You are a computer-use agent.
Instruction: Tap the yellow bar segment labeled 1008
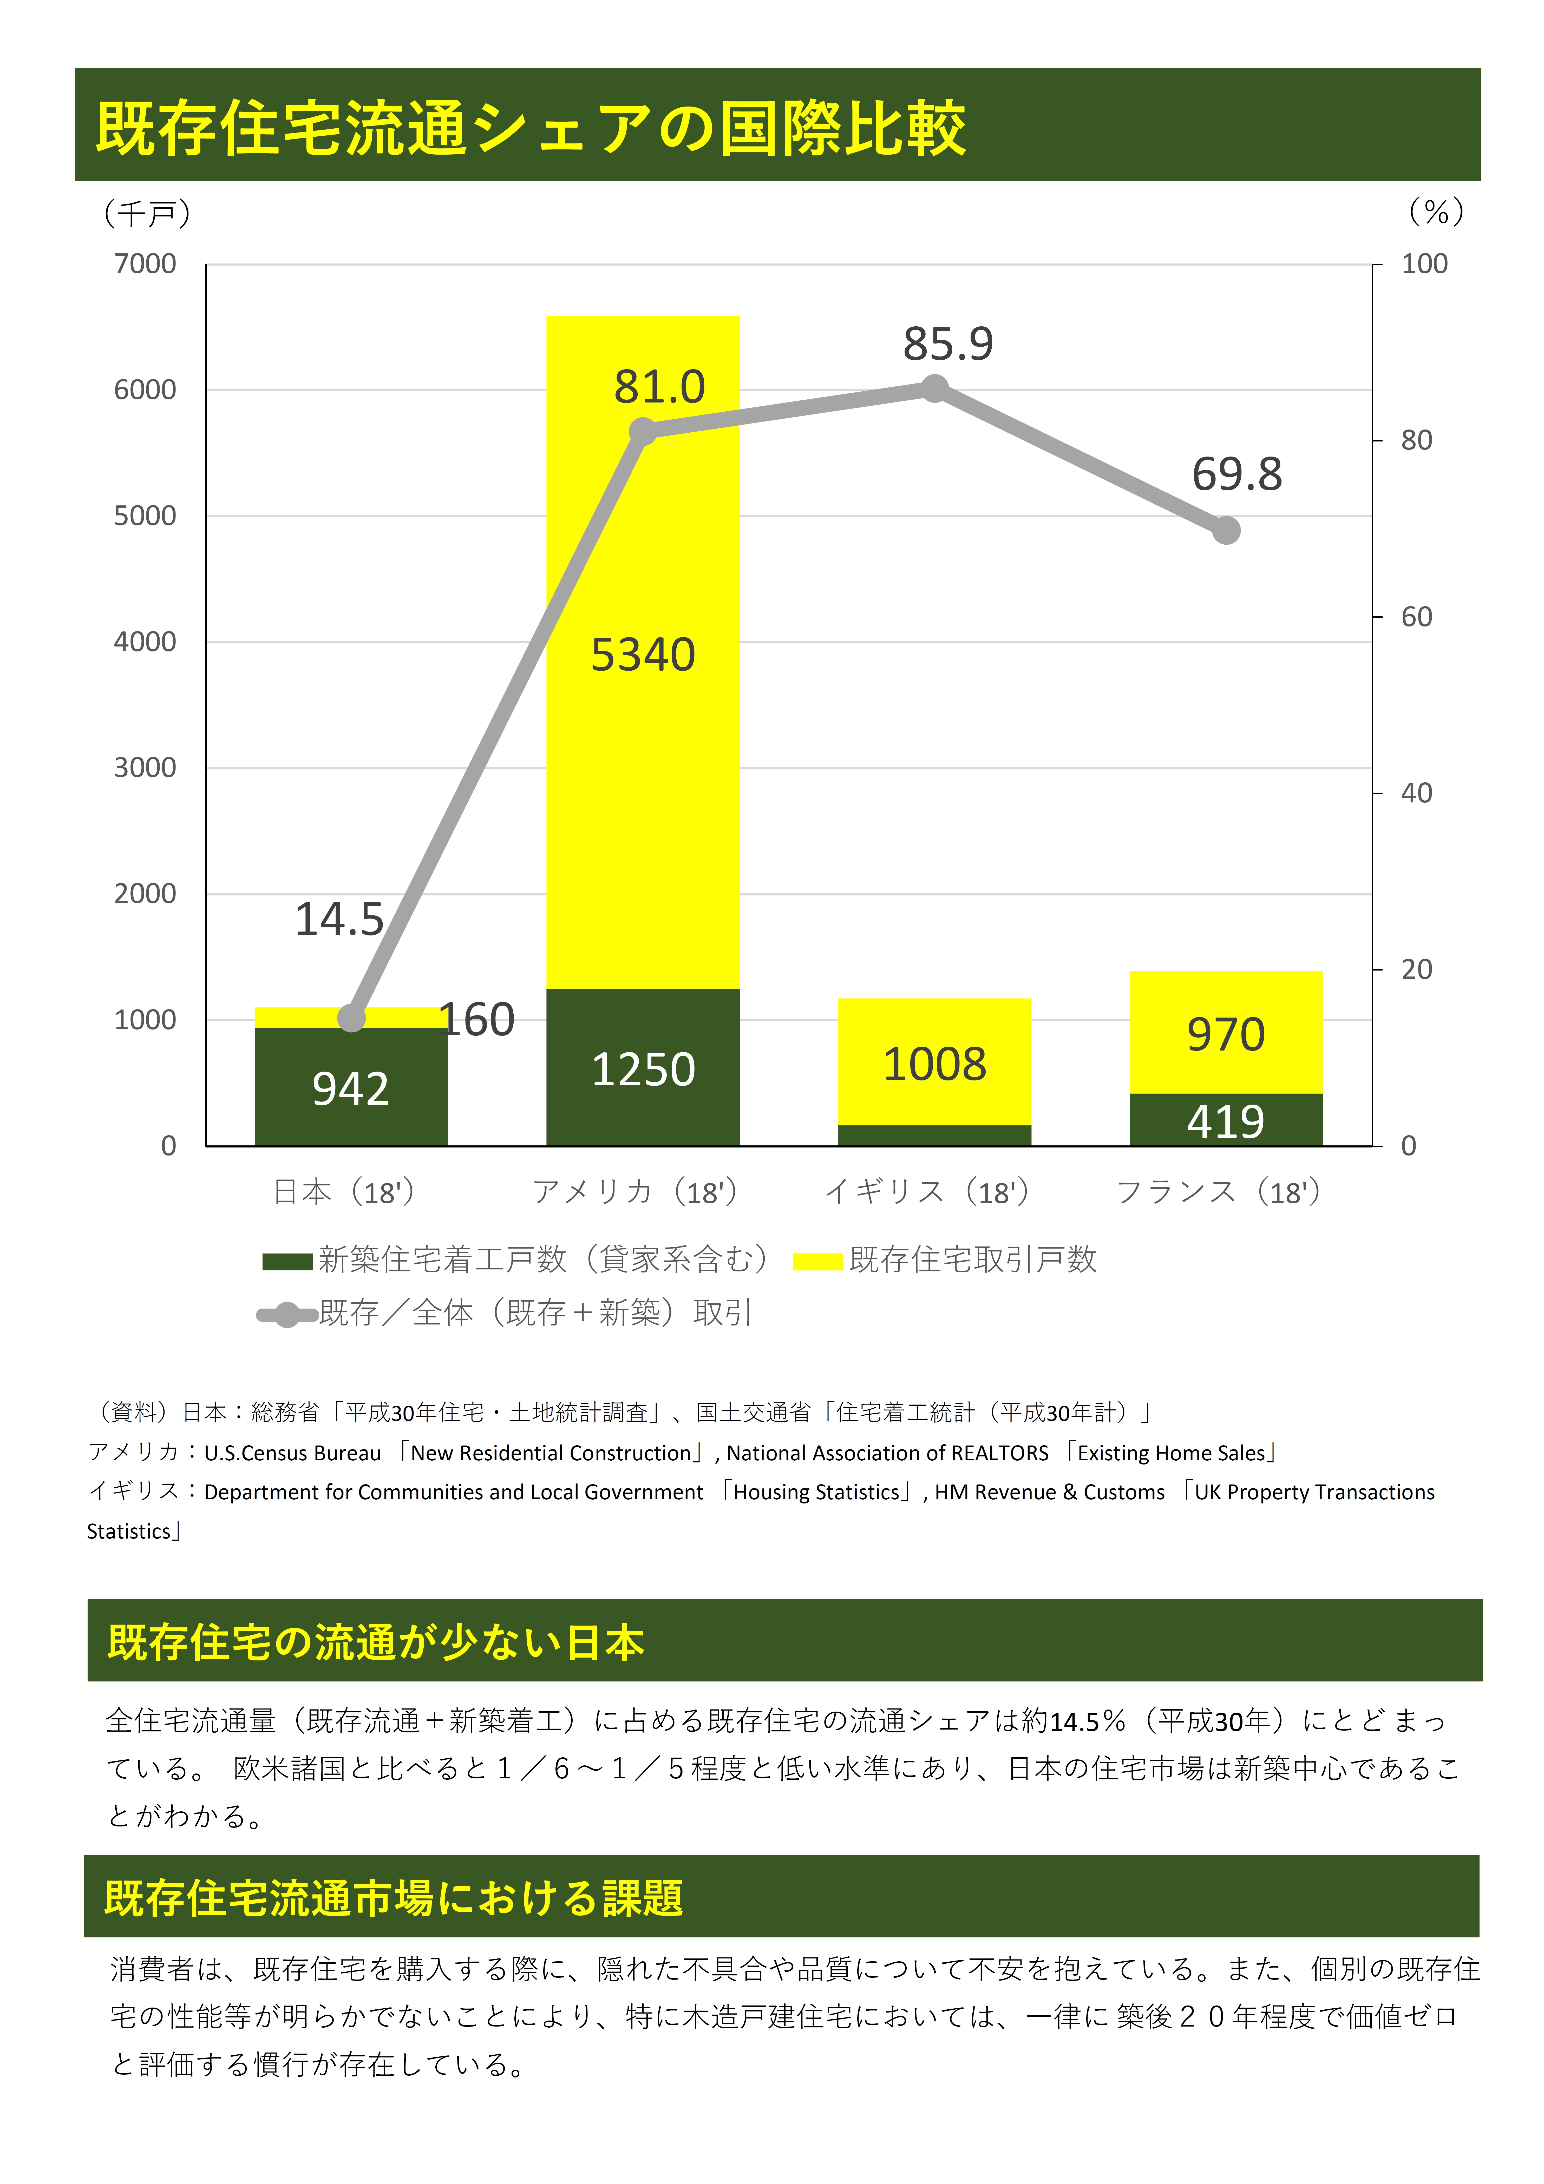[934, 1064]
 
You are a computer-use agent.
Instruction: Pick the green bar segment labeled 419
[1225, 1120]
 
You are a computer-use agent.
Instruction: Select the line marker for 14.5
[352, 1018]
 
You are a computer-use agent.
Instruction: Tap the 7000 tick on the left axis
[146, 265]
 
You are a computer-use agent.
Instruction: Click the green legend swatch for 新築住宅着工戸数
[287, 1261]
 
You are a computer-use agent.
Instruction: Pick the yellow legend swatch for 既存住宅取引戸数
[817, 1261]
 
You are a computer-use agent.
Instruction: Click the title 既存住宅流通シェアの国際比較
[531, 128]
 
